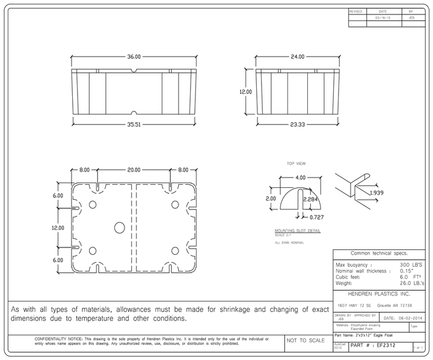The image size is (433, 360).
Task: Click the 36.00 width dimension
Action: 134,57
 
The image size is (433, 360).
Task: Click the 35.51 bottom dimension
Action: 134,125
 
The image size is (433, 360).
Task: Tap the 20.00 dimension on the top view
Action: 134,170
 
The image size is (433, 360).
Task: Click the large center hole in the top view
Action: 119,227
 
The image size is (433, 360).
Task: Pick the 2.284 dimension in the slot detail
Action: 311,199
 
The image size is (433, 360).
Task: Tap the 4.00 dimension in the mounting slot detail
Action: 300,178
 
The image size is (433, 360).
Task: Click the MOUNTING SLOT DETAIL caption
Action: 297,231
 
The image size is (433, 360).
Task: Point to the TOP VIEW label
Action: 296,163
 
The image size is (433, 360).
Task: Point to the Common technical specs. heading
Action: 380,253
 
